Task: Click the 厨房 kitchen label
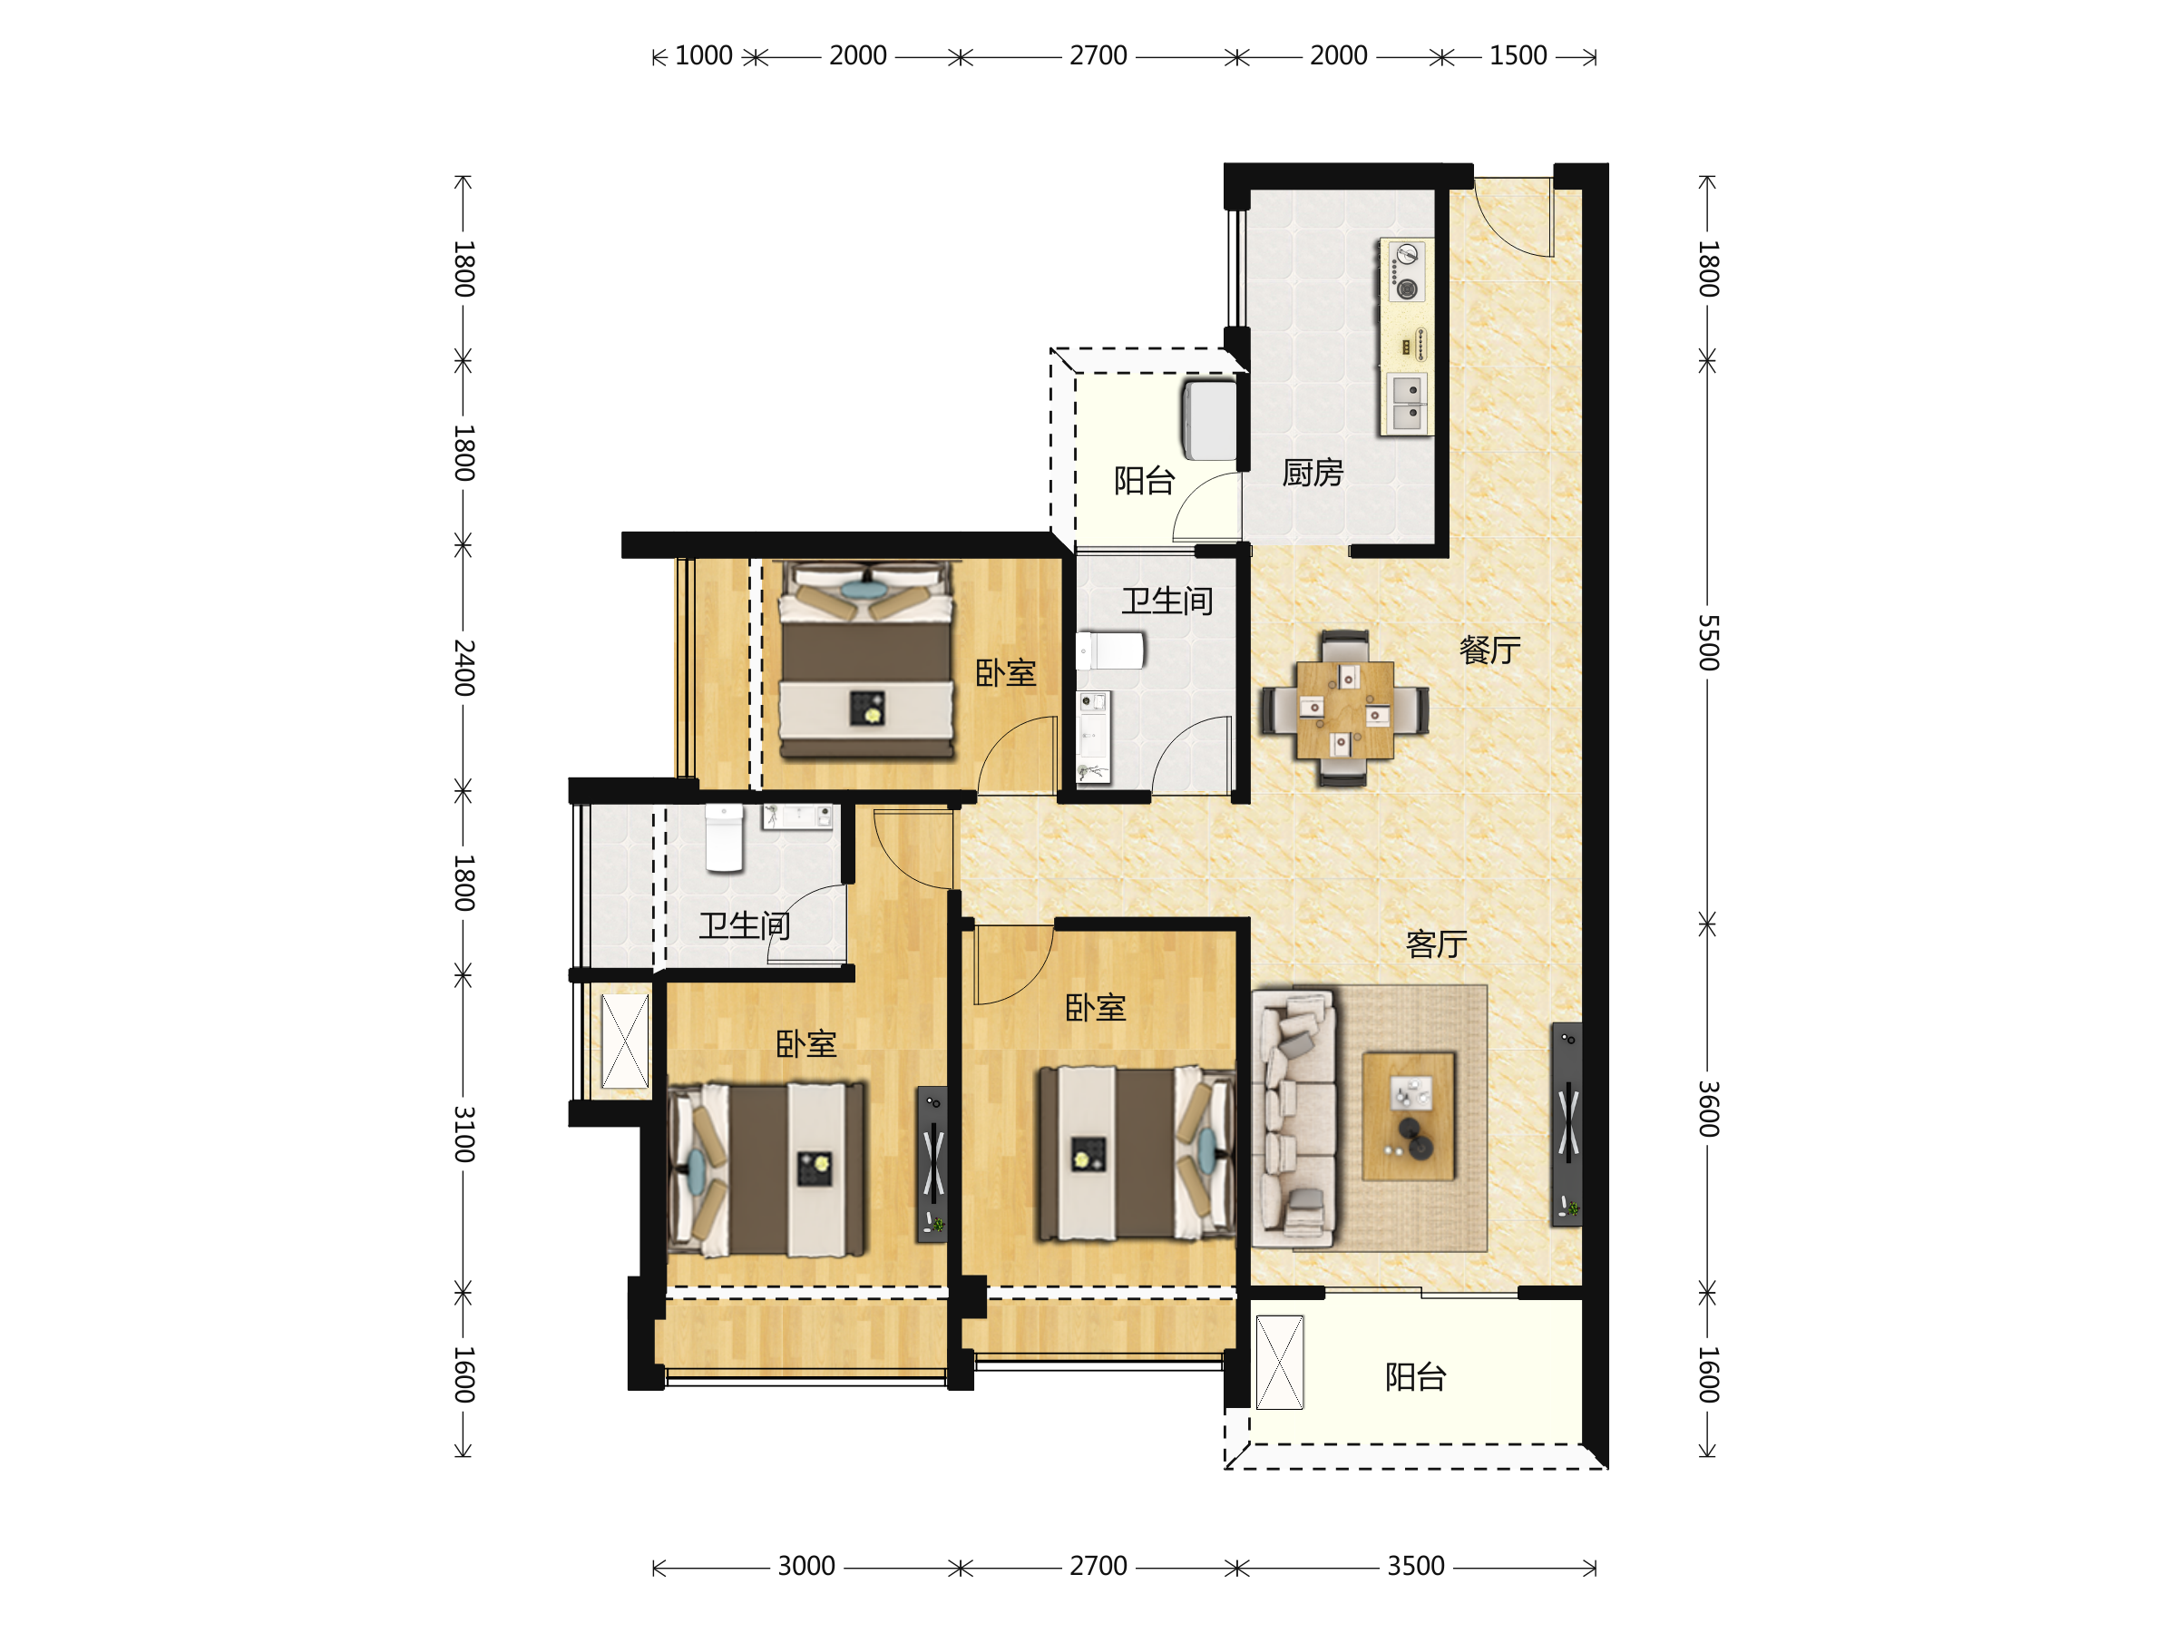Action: pos(1312,474)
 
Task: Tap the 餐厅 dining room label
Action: pos(1489,650)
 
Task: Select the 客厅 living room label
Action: pos(1436,945)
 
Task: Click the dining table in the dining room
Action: pos(1344,709)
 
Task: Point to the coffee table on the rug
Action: pos(1409,1116)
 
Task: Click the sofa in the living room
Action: pos(1294,1120)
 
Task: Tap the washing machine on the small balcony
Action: pos(1209,420)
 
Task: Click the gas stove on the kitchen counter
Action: pos(1406,270)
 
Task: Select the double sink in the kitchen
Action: pos(1408,403)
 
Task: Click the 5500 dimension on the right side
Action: pos(1707,642)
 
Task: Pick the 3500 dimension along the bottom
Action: pos(1415,1566)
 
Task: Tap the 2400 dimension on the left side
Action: pos(464,668)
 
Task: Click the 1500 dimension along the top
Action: pos(1518,56)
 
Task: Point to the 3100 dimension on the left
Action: pos(464,1134)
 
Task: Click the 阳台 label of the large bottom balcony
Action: pos(1415,1377)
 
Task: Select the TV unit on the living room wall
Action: pos(1567,1124)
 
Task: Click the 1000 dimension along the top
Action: pos(704,56)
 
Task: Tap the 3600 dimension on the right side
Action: pos(1707,1110)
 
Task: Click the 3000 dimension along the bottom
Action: pos(806,1566)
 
